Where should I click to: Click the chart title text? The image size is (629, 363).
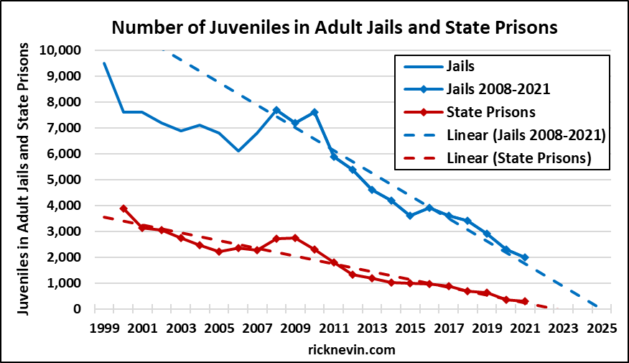pyautogui.click(x=334, y=28)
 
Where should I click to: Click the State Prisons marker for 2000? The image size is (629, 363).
pyautogui.click(x=124, y=208)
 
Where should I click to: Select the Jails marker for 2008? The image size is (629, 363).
pyautogui.click(x=276, y=110)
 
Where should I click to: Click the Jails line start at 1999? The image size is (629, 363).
pyautogui.click(x=105, y=63)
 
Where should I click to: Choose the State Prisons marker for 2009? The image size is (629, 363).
pyautogui.click(x=296, y=238)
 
